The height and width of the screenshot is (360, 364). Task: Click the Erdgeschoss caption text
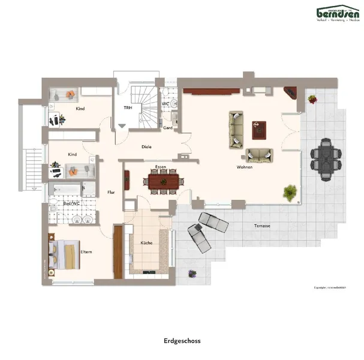(x=182, y=341)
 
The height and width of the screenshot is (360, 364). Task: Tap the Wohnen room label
(x=244, y=167)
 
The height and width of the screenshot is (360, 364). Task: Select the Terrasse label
(x=261, y=226)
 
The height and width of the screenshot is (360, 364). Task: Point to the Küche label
(x=146, y=243)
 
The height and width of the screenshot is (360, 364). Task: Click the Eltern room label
(x=86, y=251)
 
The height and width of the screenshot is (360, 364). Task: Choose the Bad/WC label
(x=71, y=203)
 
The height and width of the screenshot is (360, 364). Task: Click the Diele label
(x=146, y=146)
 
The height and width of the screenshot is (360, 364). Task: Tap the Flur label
(x=111, y=192)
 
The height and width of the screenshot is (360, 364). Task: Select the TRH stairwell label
(x=128, y=108)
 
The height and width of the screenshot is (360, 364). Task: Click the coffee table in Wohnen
(x=260, y=127)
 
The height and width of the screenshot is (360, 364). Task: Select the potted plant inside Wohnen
(x=290, y=193)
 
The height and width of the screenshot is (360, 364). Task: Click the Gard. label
(x=168, y=128)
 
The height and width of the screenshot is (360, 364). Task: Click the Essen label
(x=161, y=166)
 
